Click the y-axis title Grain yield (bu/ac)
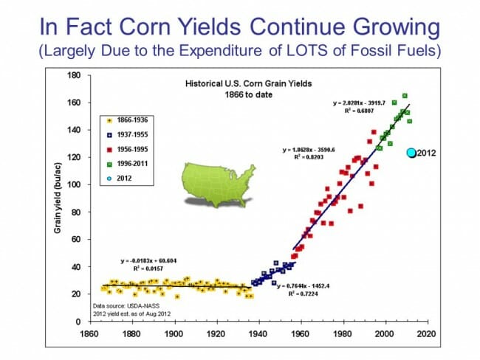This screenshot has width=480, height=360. pos(57,199)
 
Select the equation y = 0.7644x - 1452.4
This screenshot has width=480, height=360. pos(304,285)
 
